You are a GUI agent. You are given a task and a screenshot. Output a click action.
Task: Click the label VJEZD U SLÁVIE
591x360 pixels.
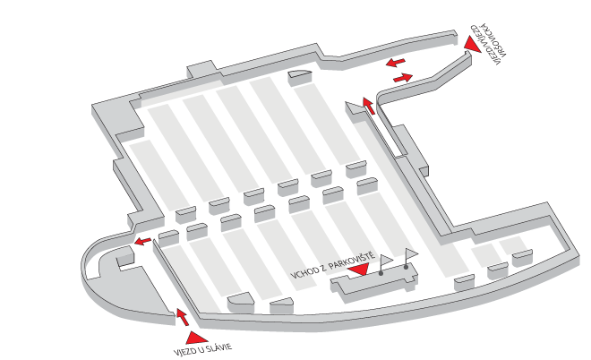[x=202, y=349]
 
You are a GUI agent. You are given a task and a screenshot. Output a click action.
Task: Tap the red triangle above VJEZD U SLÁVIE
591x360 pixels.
[x=196, y=338]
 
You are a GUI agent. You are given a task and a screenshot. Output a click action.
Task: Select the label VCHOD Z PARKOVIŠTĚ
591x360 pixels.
[x=333, y=265]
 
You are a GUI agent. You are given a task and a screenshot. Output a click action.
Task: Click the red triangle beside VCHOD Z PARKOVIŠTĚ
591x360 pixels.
[x=358, y=269]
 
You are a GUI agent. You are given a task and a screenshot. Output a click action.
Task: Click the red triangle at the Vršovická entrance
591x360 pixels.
[x=472, y=43]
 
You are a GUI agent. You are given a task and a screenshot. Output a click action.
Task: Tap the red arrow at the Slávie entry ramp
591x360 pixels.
[x=183, y=317]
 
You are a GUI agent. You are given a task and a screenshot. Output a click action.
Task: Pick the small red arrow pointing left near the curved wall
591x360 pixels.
[x=143, y=241]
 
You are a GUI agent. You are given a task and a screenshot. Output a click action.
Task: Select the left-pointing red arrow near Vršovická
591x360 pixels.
[x=396, y=62]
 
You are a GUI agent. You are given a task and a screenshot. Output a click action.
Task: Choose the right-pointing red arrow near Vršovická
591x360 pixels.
[x=403, y=78]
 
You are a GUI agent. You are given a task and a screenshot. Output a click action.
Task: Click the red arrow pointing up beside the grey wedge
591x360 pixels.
[x=369, y=106]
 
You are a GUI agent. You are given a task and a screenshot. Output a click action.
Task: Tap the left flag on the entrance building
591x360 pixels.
[x=386, y=260]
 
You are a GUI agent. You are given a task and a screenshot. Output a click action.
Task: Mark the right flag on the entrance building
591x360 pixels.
[x=411, y=253]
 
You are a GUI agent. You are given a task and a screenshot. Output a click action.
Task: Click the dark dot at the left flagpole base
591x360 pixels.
[x=381, y=273]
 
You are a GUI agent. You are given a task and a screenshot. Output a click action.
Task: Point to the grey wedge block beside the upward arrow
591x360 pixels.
[x=355, y=109]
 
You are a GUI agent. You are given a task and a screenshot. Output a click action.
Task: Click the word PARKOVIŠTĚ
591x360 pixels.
[x=352, y=261]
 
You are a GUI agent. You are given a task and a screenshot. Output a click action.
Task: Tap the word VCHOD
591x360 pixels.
[x=303, y=273]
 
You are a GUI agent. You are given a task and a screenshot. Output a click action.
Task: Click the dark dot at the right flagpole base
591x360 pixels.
[x=406, y=267]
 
